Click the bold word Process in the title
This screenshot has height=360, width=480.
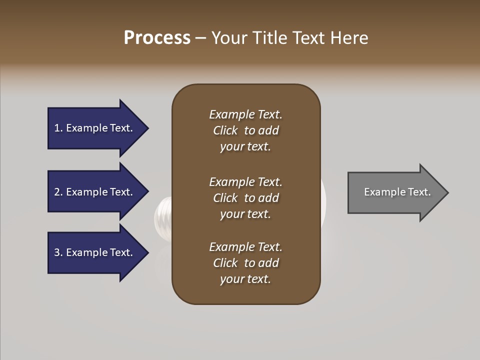(x=157, y=38)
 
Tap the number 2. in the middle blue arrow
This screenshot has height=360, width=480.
(x=58, y=192)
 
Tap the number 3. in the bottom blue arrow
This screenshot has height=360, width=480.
(x=58, y=252)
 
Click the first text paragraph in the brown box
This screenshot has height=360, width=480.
(x=245, y=130)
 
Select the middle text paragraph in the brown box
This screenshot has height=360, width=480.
(x=245, y=198)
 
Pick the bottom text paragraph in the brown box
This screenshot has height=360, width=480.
(x=245, y=263)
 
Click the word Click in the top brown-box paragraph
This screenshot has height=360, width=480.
(x=225, y=130)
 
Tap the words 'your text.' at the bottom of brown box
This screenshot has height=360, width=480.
(x=245, y=279)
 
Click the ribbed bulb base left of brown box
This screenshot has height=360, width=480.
(x=163, y=215)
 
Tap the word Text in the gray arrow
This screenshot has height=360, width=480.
(x=419, y=192)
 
